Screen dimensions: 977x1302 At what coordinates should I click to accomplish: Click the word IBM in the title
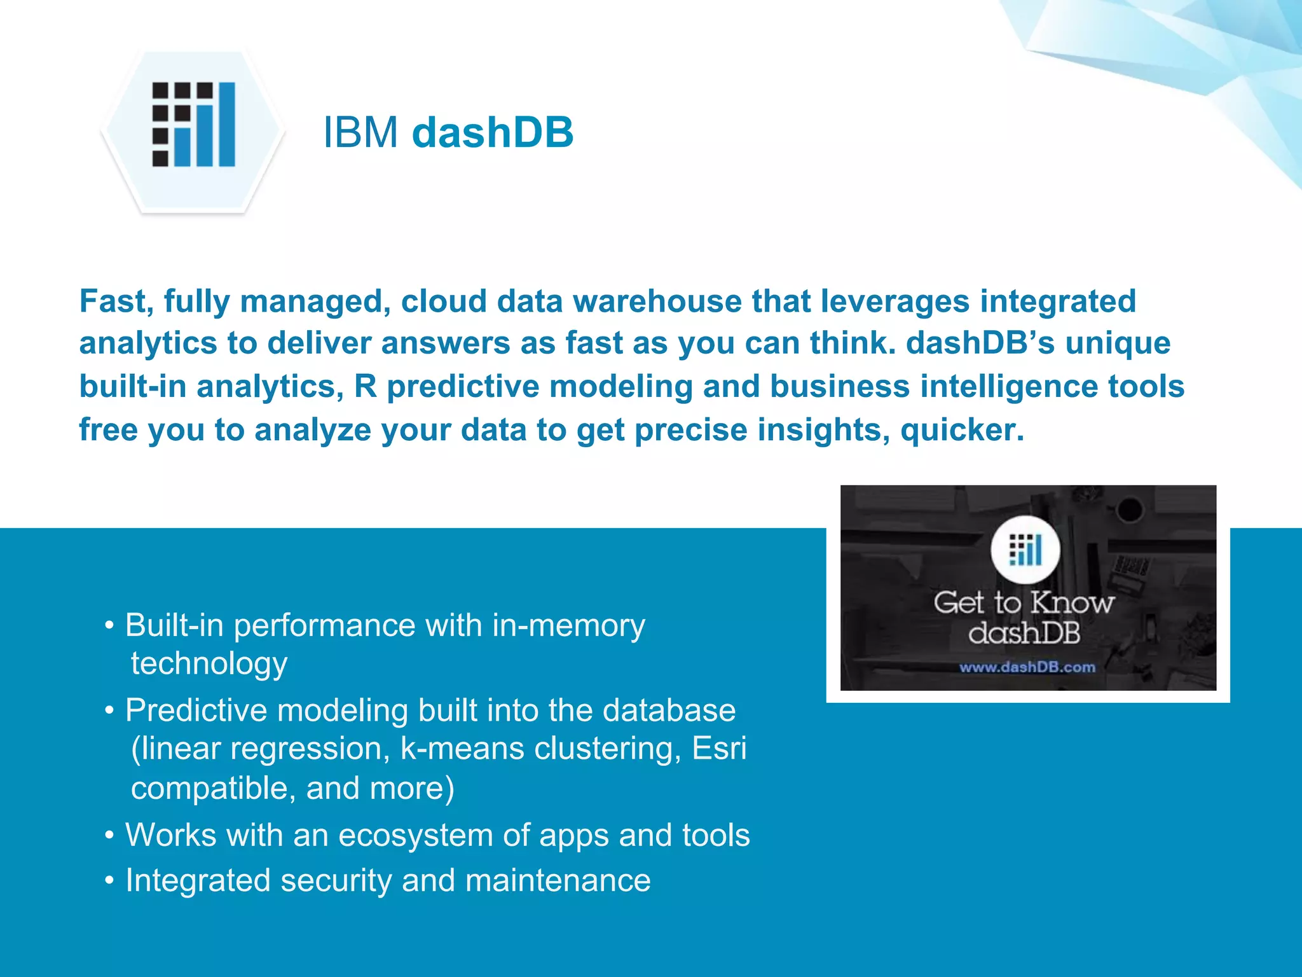click(360, 133)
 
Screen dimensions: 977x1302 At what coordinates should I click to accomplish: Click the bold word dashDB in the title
click(493, 133)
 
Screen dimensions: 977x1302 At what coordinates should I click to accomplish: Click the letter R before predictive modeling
click(366, 387)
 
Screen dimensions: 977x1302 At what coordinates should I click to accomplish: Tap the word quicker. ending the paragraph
click(962, 430)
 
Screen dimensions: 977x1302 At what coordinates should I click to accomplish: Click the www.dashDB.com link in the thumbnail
click(1027, 667)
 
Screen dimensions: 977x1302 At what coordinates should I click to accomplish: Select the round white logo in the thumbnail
click(1025, 550)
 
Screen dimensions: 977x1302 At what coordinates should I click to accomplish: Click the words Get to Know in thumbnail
click(1024, 603)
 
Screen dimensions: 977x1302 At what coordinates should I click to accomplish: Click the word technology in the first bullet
click(209, 663)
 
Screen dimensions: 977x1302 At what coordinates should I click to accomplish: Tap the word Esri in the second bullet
click(719, 749)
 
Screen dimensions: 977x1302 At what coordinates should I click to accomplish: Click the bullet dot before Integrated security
click(110, 882)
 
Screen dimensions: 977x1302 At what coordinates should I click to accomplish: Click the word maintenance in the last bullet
click(558, 881)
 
